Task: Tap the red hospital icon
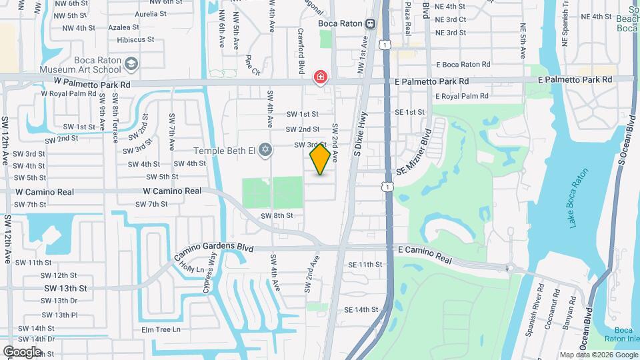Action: pyautogui.click(x=321, y=78)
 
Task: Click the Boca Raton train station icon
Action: pyautogui.click(x=370, y=23)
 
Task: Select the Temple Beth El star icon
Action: pyautogui.click(x=265, y=149)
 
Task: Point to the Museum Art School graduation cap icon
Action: pyautogui.click(x=131, y=63)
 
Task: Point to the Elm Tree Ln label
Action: pyautogui.click(x=157, y=329)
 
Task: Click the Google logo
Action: pyautogui.click(x=23, y=351)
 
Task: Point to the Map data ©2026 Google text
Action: pyautogui.click(x=598, y=355)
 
